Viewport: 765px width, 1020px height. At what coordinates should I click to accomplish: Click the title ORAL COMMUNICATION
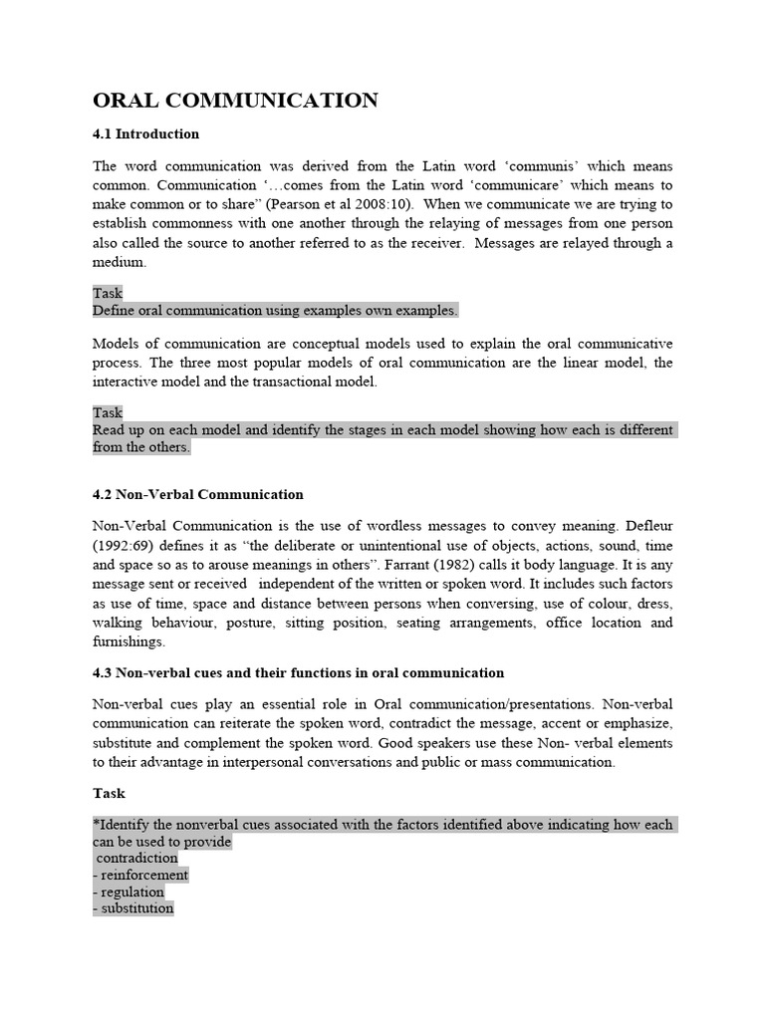point(235,101)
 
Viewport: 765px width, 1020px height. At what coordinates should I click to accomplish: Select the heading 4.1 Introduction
point(145,133)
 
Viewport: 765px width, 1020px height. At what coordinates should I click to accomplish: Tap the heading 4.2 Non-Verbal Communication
point(198,494)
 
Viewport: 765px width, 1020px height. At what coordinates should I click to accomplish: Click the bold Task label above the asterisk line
point(109,794)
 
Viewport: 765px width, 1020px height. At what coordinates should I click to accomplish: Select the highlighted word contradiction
point(137,858)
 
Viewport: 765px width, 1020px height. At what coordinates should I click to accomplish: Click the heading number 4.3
point(105,673)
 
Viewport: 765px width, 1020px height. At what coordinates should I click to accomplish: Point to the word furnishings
point(128,641)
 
